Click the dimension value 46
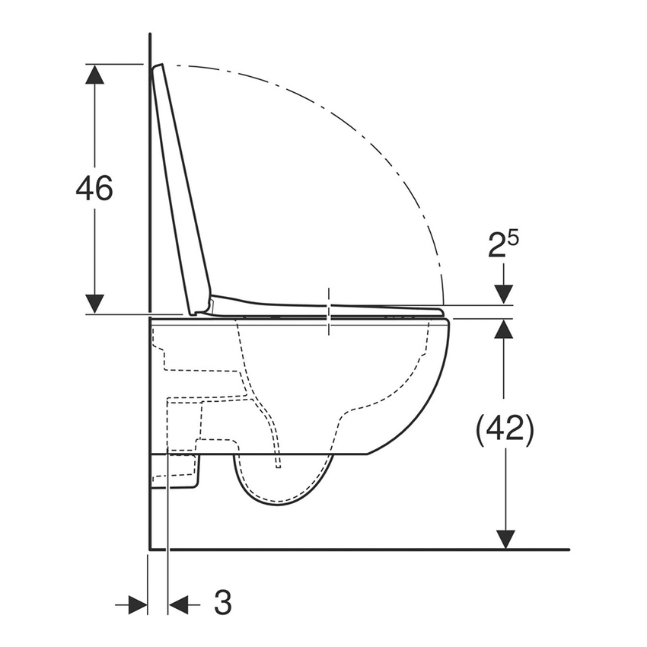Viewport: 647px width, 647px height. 94,188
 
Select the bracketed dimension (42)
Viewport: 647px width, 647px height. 504,430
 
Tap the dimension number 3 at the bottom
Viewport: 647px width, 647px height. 222,604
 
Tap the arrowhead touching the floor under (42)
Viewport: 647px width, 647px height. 504,539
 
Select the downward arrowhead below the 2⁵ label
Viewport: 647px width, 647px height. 504,295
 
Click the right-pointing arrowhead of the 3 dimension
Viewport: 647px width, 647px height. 138,605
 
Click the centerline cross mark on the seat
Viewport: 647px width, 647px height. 329,311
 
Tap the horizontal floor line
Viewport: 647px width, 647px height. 365,549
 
